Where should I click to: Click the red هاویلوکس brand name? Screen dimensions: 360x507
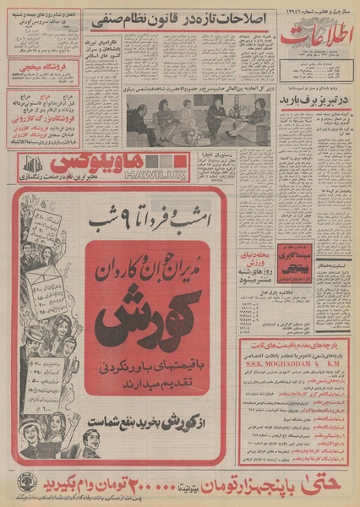pos(102,161)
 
